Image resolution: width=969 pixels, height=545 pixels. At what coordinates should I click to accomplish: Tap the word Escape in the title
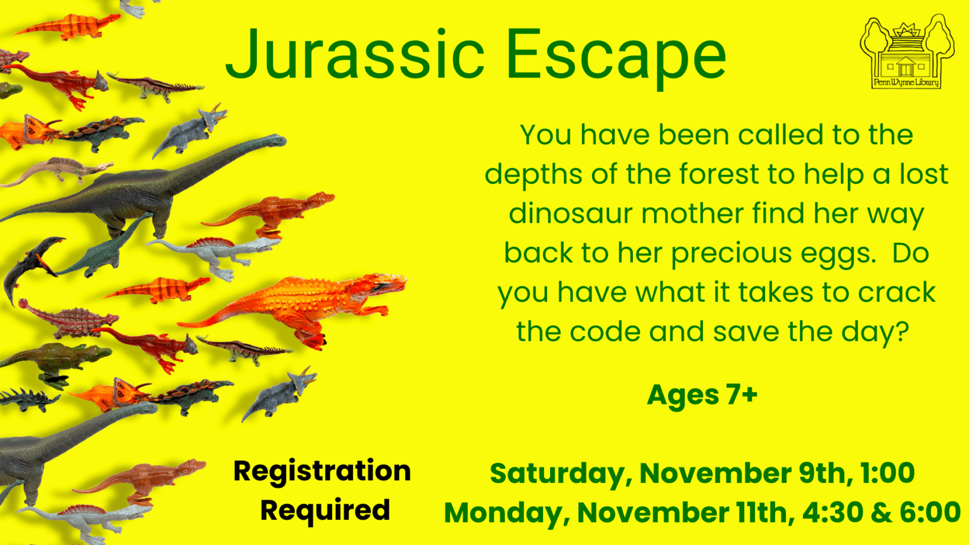tap(616, 58)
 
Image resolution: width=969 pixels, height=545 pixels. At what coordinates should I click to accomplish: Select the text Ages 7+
tap(702, 394)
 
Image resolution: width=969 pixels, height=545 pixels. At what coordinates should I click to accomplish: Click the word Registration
tap(322, 471)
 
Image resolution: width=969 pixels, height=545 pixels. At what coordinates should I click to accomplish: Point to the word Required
tap(326, 510)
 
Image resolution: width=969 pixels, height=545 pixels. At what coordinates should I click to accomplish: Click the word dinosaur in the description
tap(571, 213)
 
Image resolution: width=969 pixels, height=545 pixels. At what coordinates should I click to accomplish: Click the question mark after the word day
tap(901, 331)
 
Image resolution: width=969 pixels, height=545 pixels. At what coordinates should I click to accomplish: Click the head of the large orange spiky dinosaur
tap(385, 285)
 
